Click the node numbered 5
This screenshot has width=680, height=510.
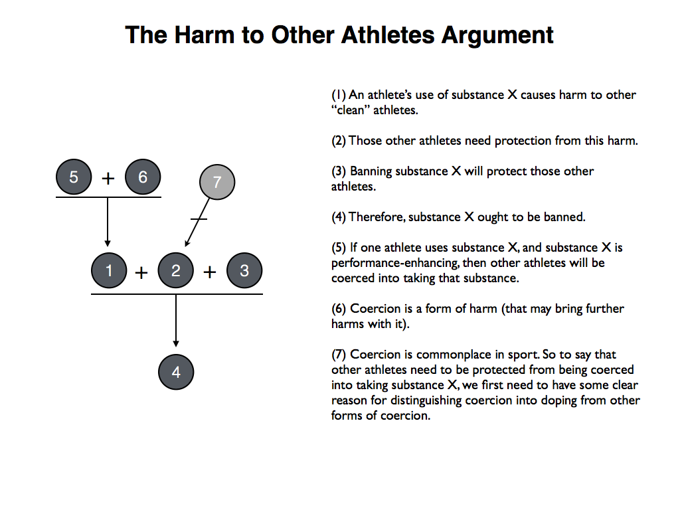(74, 177)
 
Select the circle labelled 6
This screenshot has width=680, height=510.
(143, 177)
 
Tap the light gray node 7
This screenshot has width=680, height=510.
(217, 182)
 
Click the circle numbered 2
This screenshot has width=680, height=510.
(176, 272)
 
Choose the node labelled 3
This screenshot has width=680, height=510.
(244, 272)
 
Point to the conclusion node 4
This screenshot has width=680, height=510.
(176, 373)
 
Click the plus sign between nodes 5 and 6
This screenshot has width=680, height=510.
(108, 178)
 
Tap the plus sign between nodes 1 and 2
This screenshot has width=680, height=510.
(142, 272)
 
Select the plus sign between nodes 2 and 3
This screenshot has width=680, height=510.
(210, 272)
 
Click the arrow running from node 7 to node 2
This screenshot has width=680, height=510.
(197, 222)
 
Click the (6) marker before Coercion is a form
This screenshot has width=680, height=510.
(339, 309)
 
